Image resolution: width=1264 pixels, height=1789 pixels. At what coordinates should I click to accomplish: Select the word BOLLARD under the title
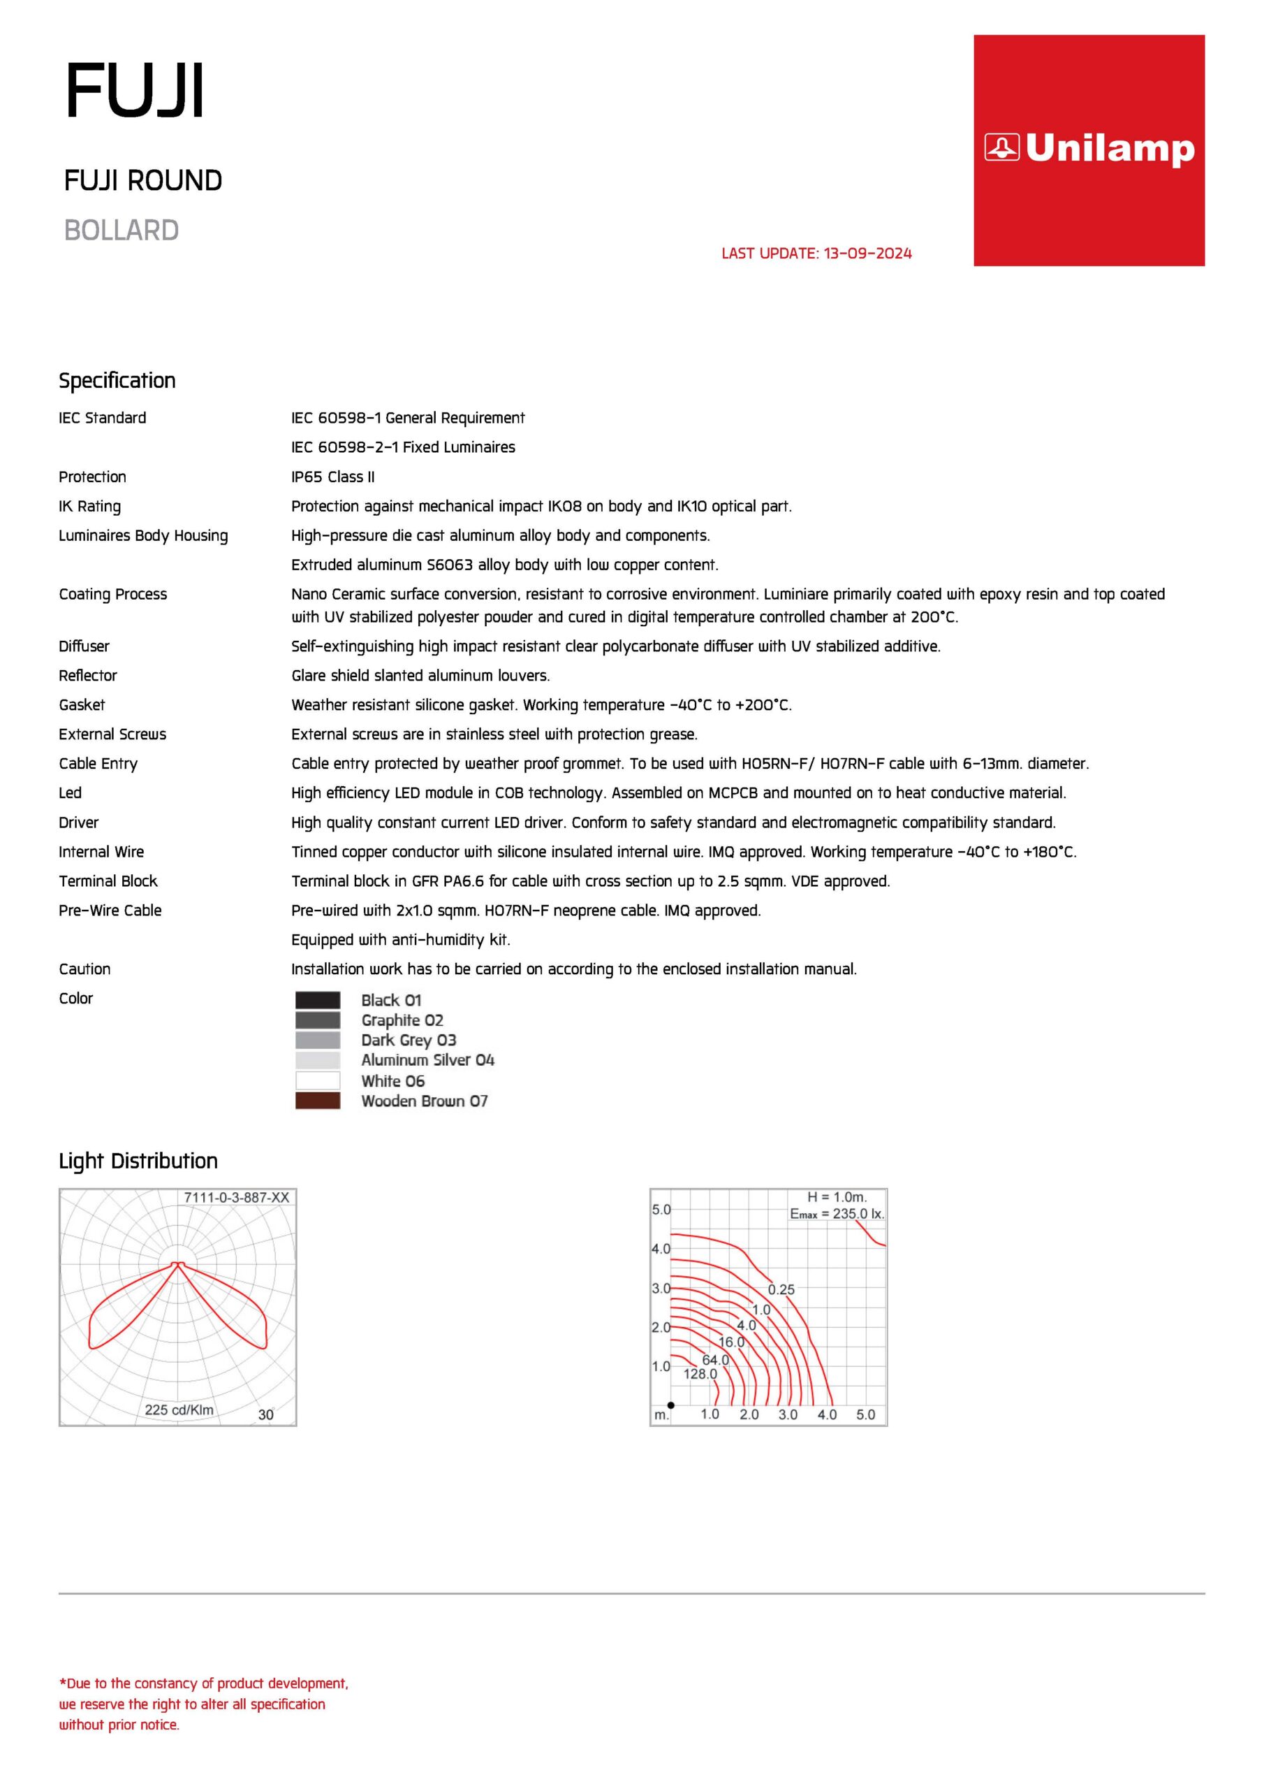pos(122,231)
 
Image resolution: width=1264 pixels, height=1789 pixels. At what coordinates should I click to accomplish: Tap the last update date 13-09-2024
pos(867,253)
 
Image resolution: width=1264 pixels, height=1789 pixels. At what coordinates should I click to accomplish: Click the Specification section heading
pos(117,380)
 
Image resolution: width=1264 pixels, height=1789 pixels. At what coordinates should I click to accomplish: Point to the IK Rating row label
pos(89,507)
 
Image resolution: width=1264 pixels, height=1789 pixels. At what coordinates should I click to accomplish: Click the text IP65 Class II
pos(332,477)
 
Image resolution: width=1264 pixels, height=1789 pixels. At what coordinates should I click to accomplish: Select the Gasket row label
pos(82,705)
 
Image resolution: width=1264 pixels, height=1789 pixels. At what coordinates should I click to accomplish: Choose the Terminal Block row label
pos(108,881)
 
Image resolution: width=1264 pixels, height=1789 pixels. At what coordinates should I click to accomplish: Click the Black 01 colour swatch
pos(318,1000)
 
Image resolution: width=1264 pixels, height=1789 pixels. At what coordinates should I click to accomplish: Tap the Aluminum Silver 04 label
pos(427,1059)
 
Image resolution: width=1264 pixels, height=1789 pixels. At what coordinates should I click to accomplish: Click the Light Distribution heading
pos(138,1161)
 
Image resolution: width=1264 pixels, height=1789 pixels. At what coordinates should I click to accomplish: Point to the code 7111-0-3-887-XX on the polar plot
pos(236,1198)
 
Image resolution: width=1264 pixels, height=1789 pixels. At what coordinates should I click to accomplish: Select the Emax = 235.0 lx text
pos(837,1214)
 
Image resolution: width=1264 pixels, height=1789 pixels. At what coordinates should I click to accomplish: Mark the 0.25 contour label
pos(781,1289)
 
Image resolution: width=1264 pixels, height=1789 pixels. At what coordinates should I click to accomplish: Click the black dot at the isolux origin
pos(670,1405)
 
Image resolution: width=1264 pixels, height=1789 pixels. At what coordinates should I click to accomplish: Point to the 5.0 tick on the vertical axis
pos(661,1210)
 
